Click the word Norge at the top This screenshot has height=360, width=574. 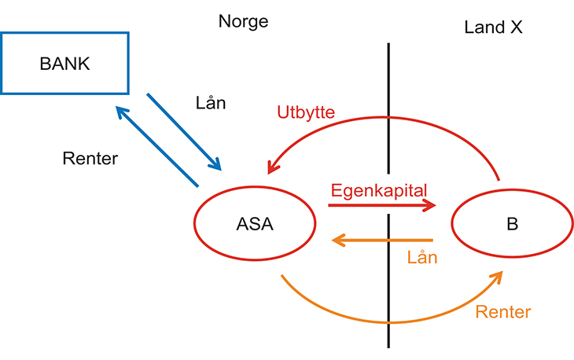click(243, 21)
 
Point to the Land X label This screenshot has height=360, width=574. click(493, 28)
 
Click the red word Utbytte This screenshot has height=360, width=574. click(306, 112)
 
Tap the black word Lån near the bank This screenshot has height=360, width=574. click(210, 103)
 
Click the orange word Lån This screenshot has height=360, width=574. click(422, 256)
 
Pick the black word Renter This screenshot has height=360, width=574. click(90, 159)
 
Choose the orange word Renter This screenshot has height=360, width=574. click(503, 312)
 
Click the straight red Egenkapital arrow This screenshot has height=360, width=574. click(381, 205)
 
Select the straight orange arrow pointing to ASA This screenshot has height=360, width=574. click(381, 240)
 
